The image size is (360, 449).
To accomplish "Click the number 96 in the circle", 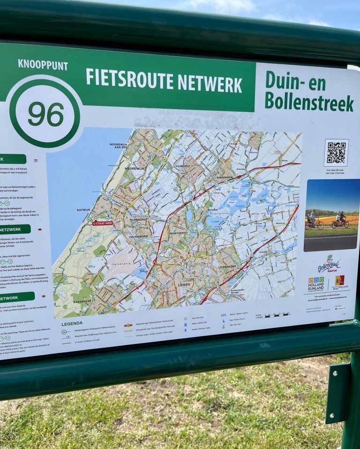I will pos(45,114).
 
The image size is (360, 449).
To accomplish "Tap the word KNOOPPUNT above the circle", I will pos(43,65).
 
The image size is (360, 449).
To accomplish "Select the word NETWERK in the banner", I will pos(210,84).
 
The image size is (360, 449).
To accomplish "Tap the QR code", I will pos(336,152).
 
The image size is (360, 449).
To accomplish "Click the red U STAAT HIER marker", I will pos(102,223).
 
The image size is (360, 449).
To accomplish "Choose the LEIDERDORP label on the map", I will pos(240,266).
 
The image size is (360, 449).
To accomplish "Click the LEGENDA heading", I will pos(72,323).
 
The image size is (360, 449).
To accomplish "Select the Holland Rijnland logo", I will pos(316,283).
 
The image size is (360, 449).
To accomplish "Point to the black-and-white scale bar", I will pos(277,315).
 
